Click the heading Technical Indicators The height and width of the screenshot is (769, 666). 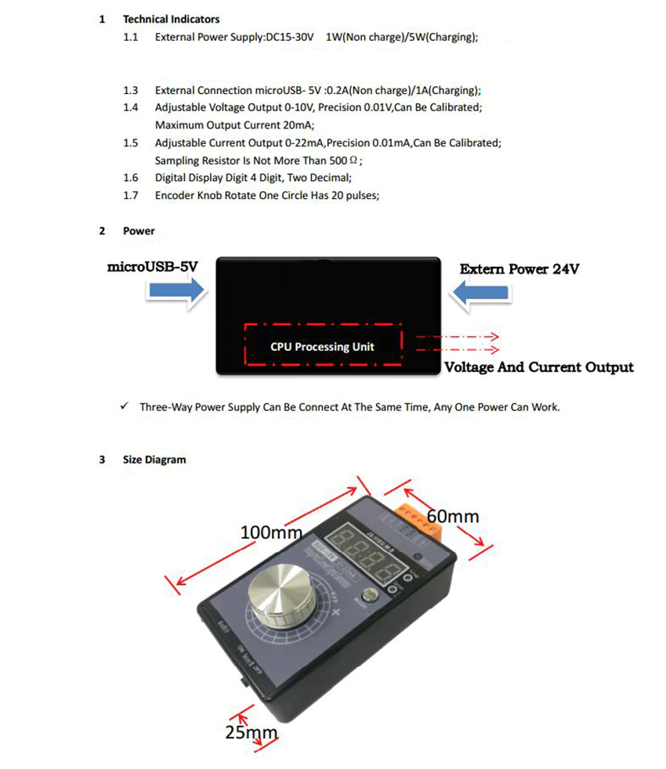171,19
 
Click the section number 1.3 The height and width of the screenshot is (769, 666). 130,90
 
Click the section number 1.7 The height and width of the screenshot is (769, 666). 130,195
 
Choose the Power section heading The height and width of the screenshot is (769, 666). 139,231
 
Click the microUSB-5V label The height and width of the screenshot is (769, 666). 152,267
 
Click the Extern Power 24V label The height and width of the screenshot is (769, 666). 519,269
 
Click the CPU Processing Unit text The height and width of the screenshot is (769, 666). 322,346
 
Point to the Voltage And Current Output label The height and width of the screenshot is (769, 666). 539,367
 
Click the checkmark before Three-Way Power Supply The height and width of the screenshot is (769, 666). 125,406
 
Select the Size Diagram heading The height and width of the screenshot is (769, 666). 154,460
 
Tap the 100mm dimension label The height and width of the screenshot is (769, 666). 270,533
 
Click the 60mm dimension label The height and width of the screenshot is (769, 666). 452,516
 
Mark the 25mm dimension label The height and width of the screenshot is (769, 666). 251,733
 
